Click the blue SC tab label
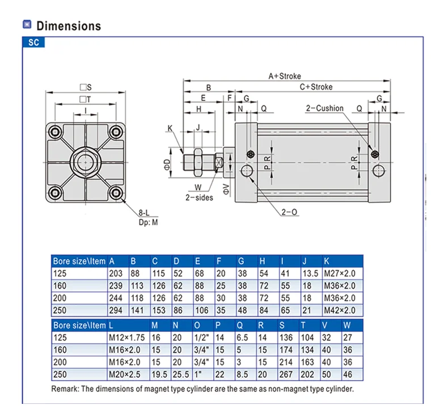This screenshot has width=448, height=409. click(x=33, y=43)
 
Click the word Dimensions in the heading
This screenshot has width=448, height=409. click(x=69, y=26)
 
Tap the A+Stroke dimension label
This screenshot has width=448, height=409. click(x=285, y=76)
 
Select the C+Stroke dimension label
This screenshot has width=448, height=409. click(x=316, y=87)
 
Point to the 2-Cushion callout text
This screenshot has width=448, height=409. click(x=324, y=108)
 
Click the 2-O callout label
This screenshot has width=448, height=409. click(x=289, y=212)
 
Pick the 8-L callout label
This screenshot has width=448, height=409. click(x=144, y=213)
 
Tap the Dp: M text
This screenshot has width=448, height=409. click(x=148, y=222)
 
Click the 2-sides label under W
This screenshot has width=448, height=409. click(x=199, y=197)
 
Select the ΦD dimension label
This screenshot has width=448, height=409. click(x=167, y=165)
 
